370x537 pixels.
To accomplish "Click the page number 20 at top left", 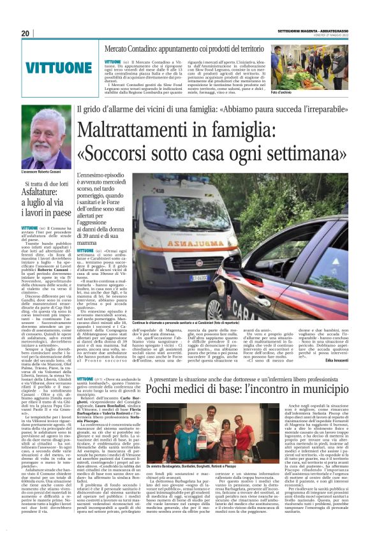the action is (x=26, y=33).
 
